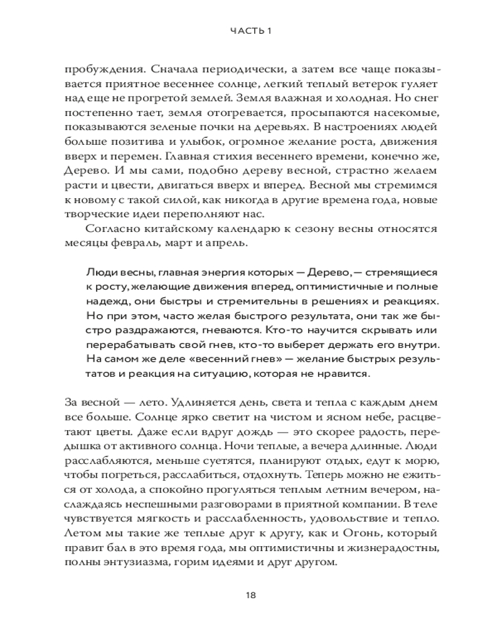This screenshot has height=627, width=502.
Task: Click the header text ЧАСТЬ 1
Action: click(x=250, y=30)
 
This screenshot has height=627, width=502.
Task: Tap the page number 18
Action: click(x=250, y=594)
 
